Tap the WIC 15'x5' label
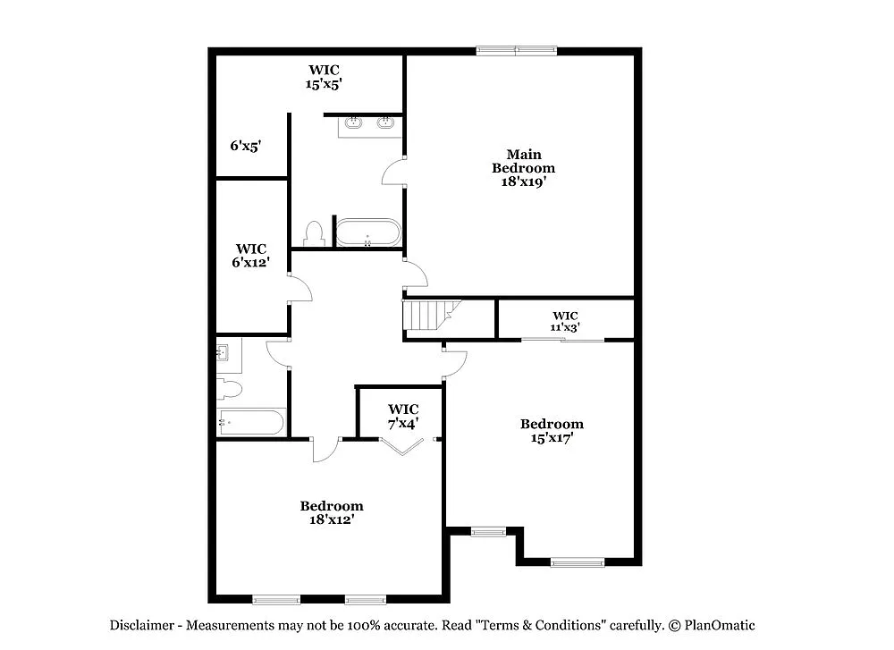pyautogui.click(x=325, y=76)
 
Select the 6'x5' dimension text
pyautogui.click(x=245, y=145)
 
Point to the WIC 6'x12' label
pyautogui.click(x=250, y=255)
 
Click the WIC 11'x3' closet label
pyautogui.click(x=565, y=321)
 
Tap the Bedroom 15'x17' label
pyautogui.click(x=552, y=430)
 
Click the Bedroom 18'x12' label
pyautogui.click(x=331, y=512)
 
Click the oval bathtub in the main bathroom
pyautogui.click(x=367, y=232)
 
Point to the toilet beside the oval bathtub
pyautogui.click(x=313, y=233)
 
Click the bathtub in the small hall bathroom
pyautogui.click(x=251, y=422)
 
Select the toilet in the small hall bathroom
pyautogui.click(x=229, y=389)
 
